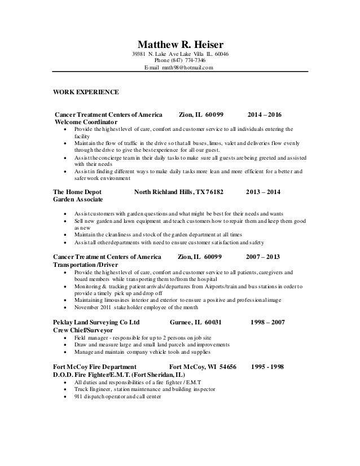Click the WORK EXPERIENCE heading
point(86,91)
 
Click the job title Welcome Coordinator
point(86,122)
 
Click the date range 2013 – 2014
point(264,192)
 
